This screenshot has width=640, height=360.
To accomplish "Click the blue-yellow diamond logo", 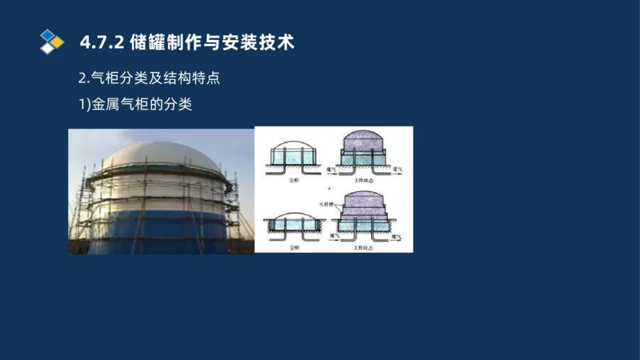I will point(52,42).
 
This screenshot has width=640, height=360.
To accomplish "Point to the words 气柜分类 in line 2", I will point(118,78).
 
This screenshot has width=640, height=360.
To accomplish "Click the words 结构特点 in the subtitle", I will point(202,78).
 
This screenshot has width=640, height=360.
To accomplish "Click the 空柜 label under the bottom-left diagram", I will point(294,247).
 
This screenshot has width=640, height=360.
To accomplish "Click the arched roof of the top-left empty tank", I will point(293,146).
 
